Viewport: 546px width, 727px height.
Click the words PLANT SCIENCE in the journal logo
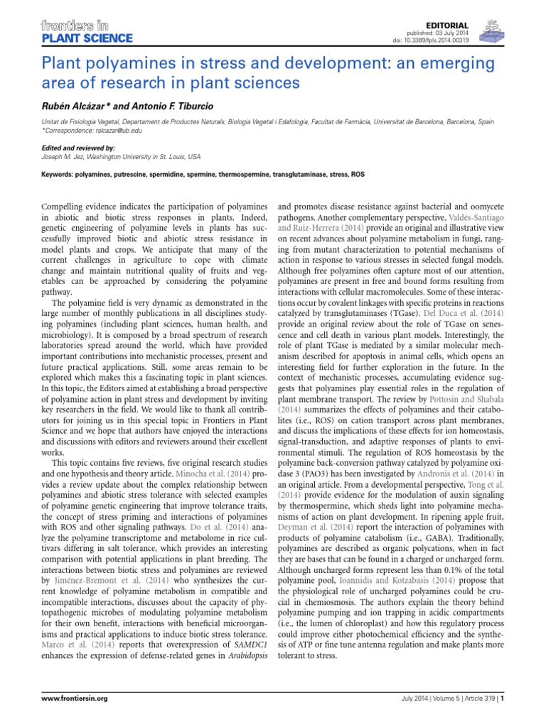coord(87,38)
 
